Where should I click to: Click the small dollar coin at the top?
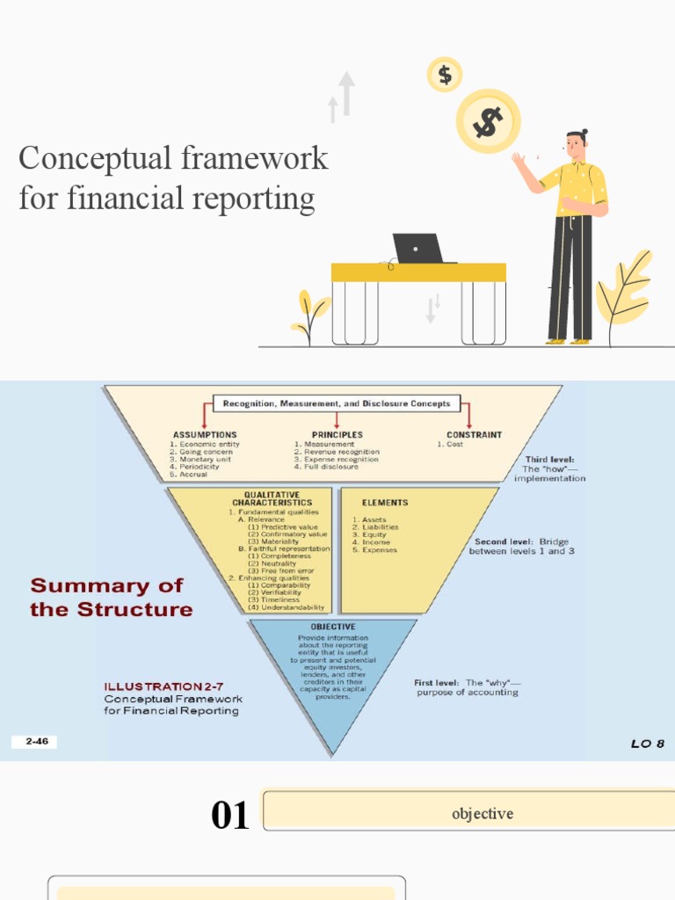(x=446, y=75)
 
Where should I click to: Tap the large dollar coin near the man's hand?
(x=489, y=121)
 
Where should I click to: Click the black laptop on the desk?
(x=418, y=249)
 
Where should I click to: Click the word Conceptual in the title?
(x=92, y=159)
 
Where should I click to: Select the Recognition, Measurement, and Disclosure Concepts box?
(x=337, y=404)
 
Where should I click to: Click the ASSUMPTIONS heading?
(x=205, y=434)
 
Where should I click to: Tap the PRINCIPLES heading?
(x=336, y=434)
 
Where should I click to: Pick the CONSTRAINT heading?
(x=474, y=434)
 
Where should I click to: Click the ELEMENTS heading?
(x=385, y=503)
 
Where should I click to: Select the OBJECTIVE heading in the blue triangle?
(x=333, y=627)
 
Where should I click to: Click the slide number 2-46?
(x=36, y=742)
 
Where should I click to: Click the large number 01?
(x=230, y=816)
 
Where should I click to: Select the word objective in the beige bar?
(x=482, y=814)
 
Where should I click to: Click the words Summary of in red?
(x=106, y=586)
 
